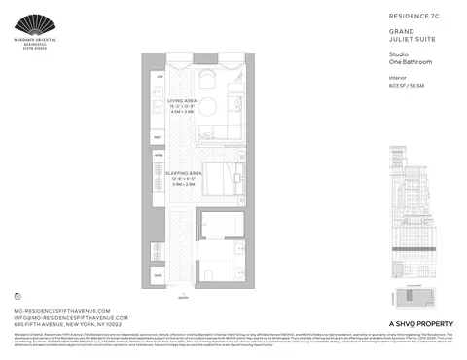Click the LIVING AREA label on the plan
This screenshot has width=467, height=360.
point(184,100)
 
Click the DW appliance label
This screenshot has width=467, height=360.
point(160,75)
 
